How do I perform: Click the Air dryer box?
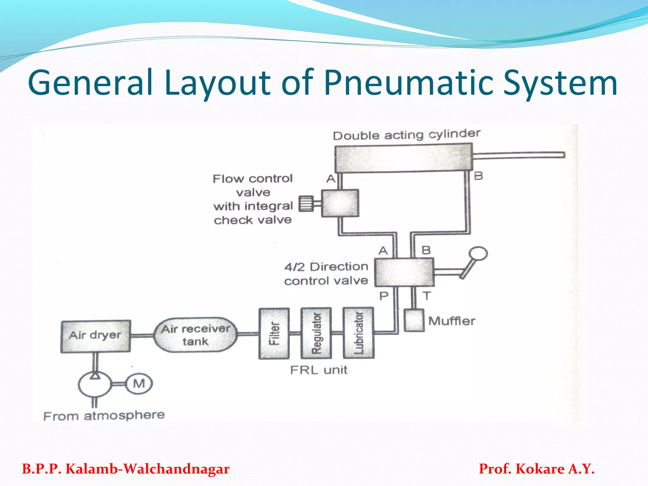click(96, 336)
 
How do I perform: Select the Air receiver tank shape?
click(195, 335)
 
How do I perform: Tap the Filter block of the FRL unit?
click(274, 333)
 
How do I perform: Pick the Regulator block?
click(316, 333)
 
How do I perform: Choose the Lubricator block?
click(358, 333)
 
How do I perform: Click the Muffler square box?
click(414, 321)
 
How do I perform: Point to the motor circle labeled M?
click(139, 384)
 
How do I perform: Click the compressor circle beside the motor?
click(95, 384)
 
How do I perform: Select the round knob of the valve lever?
click(478, 253)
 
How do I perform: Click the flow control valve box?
click(340, 203)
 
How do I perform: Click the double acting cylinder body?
click(403, 158)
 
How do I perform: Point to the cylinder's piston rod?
click(519, 155)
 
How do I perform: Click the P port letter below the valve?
click(384, 296)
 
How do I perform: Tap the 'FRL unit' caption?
click(319, 370)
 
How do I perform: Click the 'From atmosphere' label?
click(104, 415)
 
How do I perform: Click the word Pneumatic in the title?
click(408, 83)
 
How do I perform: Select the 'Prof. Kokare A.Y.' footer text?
click(537, 469)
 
